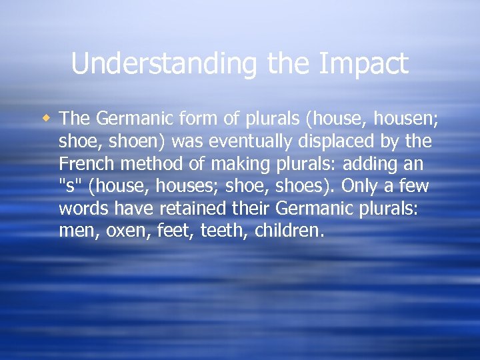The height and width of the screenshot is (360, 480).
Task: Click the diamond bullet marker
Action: [x=47, y=118]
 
